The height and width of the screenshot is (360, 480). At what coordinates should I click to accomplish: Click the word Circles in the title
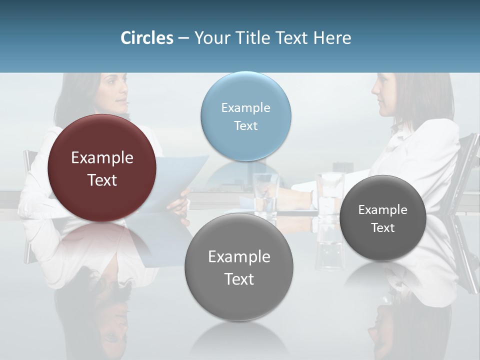pos(146,38)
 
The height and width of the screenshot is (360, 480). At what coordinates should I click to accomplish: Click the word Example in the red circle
pos(102,158)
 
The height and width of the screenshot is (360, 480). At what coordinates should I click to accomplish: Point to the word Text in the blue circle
pos(245,125)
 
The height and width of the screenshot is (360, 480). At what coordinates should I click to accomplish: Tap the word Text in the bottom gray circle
pos(239,279)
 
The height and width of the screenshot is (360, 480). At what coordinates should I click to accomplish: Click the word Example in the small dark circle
pos(383,210)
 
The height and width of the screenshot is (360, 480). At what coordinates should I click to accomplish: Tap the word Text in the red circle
pos(102,180)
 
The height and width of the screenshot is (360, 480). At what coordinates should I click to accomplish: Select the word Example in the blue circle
pos(245,107)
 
